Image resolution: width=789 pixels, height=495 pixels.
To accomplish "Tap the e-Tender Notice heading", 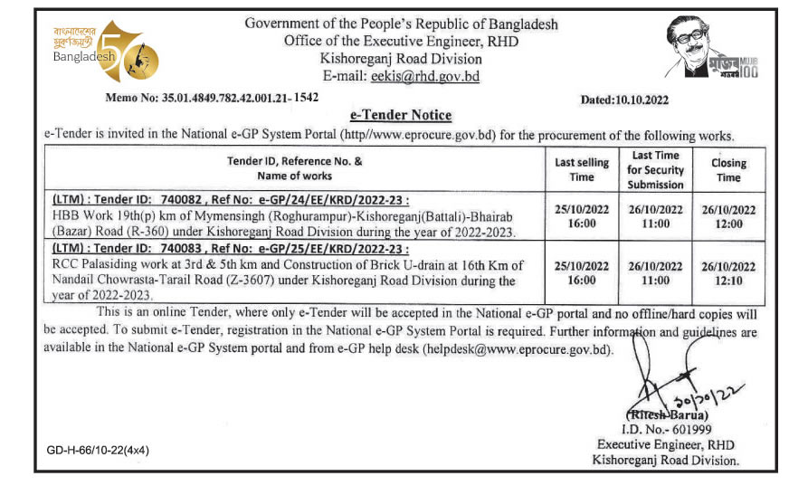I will click(x=400, y=115).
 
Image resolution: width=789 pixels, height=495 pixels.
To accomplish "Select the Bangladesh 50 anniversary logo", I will click(x=105, y=53).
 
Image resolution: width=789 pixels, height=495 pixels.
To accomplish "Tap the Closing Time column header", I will click(x=728, y=170).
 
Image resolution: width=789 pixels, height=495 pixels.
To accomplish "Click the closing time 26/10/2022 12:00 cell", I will click(x=728, y=215).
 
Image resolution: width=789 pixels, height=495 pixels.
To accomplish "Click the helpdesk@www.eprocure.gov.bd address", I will click(x=519, y=350).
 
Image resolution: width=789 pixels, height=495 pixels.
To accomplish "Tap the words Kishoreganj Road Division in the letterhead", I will click(x=401, y=59).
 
